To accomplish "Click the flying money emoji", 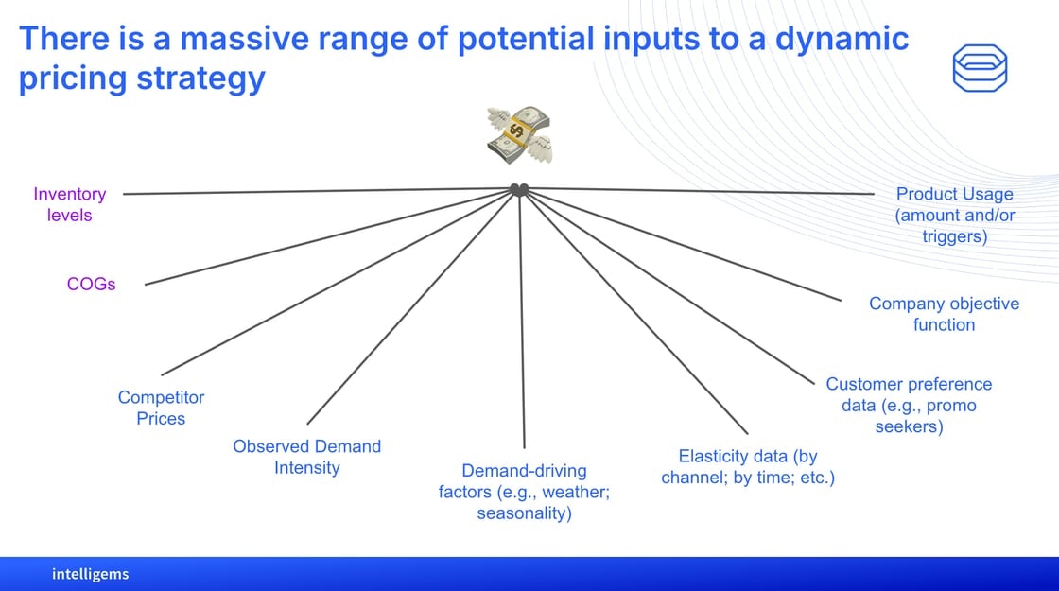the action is pyautogui.click(x=519, y=134).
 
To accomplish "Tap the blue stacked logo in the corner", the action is pyautogui.click(x=980, y=68).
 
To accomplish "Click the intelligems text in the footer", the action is pyautogui.click(x=91, y=574).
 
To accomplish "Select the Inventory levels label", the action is pyautogui.click(x=70, y=204).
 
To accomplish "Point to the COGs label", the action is pyautogui.click(x=91, y=284).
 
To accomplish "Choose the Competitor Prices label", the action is pyautogui.click(x=161, y=408).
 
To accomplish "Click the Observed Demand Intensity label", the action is pyautogui.click(x=306, y=458).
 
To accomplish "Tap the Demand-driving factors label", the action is pyautogui.click(x=524, y=492).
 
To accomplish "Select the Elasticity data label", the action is pyautogui.click(x=748, y=467).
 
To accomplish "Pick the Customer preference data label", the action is pyautogui.click(x=909, y=406).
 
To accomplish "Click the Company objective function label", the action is pyautogui.click(x=945, y=314).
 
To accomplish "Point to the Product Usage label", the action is pyautogui.click(x=955, y=215).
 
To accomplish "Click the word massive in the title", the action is pyautogui.click(x=245, y=39).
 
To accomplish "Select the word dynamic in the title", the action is pyautogui.click(x=842, y=40).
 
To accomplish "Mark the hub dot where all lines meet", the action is pyautogui.click(x=519, y=190).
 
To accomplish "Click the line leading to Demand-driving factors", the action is pyautogui.click(x=522, y=320).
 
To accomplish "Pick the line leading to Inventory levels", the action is pyautogui.click(x=318, y=192).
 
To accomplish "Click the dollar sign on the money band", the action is pyautogui.click(x=516, y=130).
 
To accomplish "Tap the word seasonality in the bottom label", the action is pyautogui.click(x=524, y=513).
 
